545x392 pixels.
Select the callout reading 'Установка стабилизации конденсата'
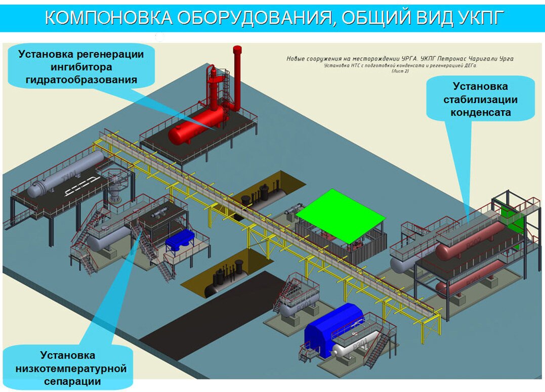coord(480,99)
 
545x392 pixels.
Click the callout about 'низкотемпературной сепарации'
coord(68,368)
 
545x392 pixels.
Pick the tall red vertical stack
coord(237,76)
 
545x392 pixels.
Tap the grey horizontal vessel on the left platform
coord(66,174)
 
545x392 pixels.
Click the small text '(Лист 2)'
coord(400,71)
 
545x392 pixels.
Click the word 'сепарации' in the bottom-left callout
coord(68,380)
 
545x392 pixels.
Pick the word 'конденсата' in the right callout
coord(480,112)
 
